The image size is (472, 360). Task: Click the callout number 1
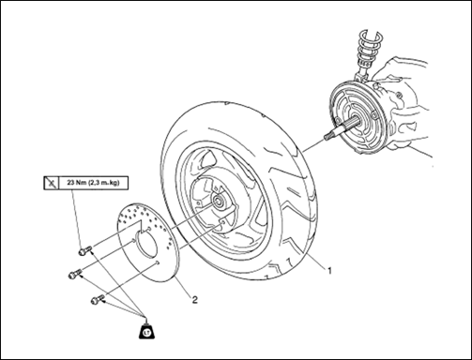pyautogui.click(x=329, y=271)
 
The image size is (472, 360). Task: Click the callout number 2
pyautogui.click(x=194, y=300)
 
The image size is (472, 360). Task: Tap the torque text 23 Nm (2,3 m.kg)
pyautogui.click(x=93, y=183)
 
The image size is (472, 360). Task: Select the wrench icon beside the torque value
pyautogui.click(x=51, y=183)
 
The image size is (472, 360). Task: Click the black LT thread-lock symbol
pyautogui.click(x=146, y=331)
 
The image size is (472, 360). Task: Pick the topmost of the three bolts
pyautogui.click(x=84, y=250)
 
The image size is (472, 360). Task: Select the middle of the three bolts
pyautogui.click(x=75, y=274)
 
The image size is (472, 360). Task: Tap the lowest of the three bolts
pyautogui.click(x=98, y=299)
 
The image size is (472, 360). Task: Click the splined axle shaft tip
pyautogui.click(x=328, y=136)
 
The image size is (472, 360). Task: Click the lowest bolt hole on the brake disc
pyautogui.click(x=157, y=262)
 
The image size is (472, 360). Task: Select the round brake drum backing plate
pyautogui.click(x=357, y=118)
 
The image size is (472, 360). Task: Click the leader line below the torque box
pyautogui.click(x=77, y=218)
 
